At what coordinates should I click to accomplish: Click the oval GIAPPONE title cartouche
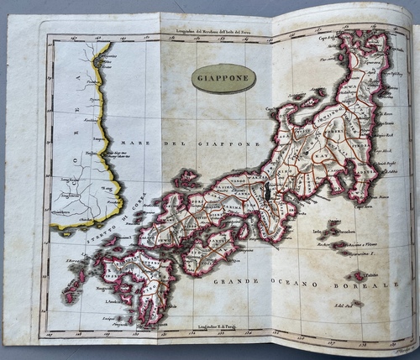(x=223, y=78)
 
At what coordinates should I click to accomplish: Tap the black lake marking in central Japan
(x=268, y=192)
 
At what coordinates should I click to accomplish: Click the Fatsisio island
(x=359, y=275)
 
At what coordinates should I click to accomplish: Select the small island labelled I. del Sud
(x=356, y=303)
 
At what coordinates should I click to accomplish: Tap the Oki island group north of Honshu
(x=185, y=178)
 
